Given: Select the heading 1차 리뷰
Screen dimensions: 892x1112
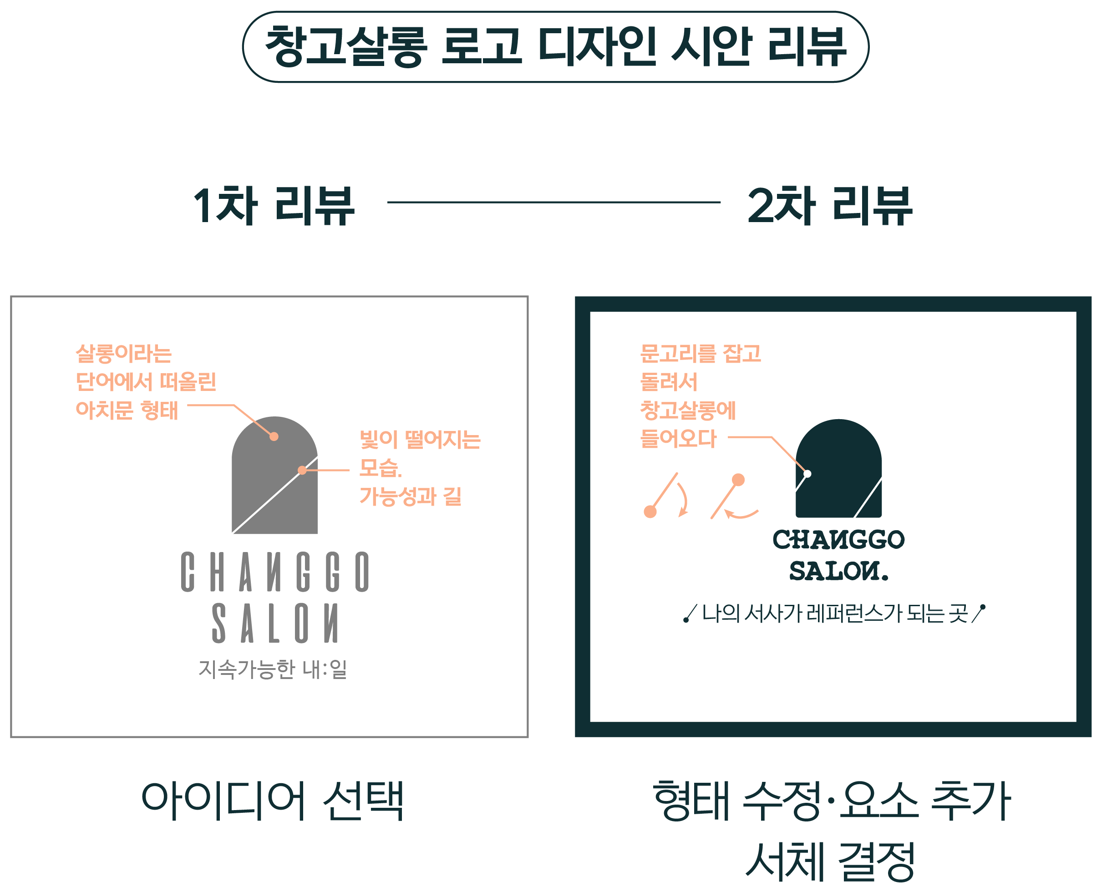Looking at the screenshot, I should click(x=274, y=206).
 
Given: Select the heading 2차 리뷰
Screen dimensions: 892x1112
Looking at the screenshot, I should click(x=830, y=206).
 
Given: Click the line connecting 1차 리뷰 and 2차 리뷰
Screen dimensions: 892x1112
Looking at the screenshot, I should click(x=554, y=203).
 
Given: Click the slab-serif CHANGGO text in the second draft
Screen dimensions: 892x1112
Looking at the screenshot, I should click(x=838, y=540).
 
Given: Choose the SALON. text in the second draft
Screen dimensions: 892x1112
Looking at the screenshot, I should click(x=838, y=571).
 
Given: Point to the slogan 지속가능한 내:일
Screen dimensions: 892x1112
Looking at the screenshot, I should click(x=273, y=670).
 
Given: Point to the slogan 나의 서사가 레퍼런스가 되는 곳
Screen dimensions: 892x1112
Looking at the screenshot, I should click(x=834, y=613).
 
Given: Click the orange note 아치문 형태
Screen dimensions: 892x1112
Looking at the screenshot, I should click(x=127, y=411).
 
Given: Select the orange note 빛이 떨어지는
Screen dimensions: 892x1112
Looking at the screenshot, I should click(x=420, y=440).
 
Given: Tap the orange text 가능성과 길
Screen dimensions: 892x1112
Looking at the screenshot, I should click(x=411, y=497).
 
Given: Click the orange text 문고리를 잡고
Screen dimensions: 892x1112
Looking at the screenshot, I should click(x=701, y=354).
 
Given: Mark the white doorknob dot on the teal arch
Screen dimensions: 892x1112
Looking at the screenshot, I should click(x=807, y=474).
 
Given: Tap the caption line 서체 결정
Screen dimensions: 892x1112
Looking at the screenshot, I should click(x=830, y=862).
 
